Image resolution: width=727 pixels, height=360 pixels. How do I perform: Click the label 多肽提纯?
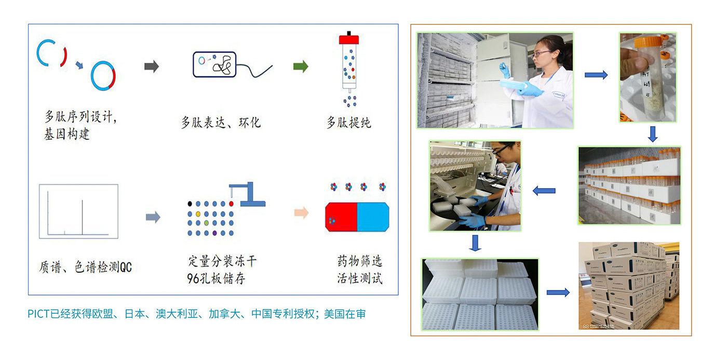pos(348,123)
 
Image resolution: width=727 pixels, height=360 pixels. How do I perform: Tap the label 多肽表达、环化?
pos(221,123)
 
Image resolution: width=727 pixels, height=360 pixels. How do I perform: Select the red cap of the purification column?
pos(349,39)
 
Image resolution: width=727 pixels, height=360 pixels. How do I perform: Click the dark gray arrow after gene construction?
pos(152,66)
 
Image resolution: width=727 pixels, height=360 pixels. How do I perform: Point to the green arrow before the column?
pos(301,66)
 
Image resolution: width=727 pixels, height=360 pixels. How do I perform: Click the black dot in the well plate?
pos(190,204)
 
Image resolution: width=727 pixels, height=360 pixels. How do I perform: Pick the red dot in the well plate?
pos(231,204)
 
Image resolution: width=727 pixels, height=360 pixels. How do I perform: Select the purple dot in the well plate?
pos(214,233)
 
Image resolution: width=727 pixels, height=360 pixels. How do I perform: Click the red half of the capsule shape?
pos(341,217)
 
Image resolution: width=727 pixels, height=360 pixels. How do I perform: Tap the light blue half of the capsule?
pos(373,217)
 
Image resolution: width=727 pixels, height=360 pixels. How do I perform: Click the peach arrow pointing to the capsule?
pos(301,213)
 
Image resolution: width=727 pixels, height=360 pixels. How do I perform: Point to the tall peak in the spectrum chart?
pos(82,217)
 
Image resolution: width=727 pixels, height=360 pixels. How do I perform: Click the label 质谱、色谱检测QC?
pos(85,267)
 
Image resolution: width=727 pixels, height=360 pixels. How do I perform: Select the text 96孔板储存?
pos(216,278)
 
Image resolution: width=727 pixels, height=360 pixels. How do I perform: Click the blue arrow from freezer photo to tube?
pos(596,75)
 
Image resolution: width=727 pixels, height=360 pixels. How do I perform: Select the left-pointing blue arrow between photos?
pos(544,191)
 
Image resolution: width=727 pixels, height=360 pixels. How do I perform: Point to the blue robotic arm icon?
pos(248,194)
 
